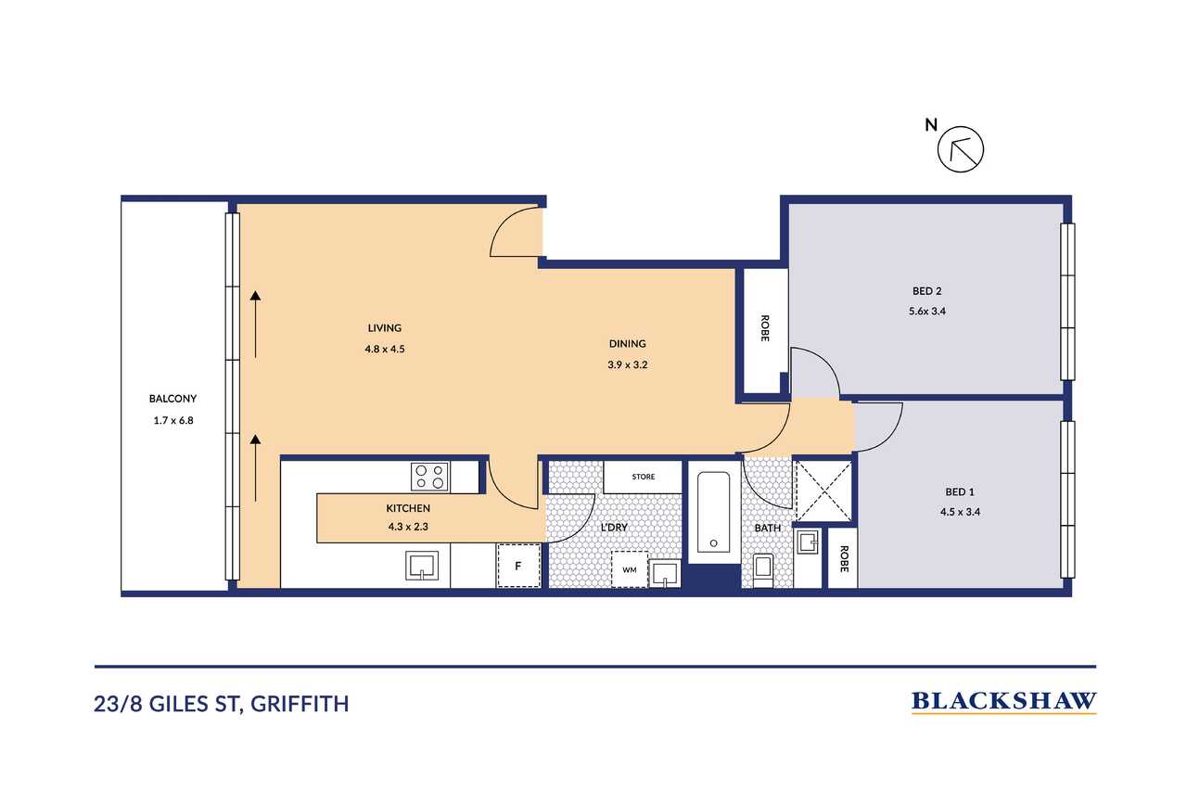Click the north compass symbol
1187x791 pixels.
960,149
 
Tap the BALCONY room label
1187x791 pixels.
172,399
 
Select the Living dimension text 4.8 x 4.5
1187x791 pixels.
385,349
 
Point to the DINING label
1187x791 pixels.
628,344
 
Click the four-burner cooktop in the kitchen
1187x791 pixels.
429,477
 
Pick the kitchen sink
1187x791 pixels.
422,566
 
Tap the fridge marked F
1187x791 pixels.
518,566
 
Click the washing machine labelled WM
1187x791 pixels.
630,569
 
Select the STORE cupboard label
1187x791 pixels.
644,477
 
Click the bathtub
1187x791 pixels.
713,512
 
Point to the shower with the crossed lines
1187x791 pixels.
824,491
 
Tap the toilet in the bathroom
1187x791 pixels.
763,570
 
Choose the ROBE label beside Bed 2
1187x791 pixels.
765,328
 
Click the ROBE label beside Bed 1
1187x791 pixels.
844,559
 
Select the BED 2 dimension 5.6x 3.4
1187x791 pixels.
927,311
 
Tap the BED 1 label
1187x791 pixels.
960,491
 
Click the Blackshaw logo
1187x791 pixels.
1003,702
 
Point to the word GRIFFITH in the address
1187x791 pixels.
300,704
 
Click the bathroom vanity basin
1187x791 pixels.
809,542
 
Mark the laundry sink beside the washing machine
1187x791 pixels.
666,574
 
